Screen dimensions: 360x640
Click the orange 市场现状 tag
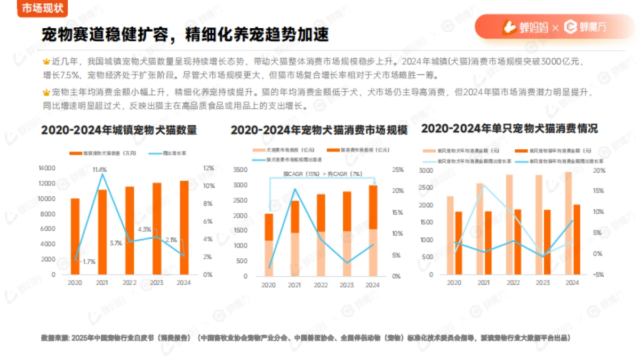(42, 8)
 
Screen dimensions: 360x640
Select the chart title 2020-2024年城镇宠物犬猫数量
(119, 131)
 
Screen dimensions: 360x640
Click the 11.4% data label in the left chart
(99, 170)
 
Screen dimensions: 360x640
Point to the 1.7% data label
(89, 261)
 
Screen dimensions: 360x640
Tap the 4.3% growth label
(145, 229)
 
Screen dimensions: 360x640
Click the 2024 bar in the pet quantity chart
(183, 227)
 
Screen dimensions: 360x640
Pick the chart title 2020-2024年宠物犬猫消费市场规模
(319, 131)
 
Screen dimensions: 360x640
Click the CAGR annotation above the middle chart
(322, 174)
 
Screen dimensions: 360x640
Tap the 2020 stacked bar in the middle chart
(268, 245)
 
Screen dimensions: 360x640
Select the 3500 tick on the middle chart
(241, 170)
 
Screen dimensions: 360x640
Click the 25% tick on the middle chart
(397, 170)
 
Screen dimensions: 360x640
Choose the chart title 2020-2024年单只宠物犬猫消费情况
(509, 129)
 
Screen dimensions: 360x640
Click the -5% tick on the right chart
(598, 275)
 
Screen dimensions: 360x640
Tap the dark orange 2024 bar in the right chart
(577, 239)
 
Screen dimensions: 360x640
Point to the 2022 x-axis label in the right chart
(513, 283)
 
